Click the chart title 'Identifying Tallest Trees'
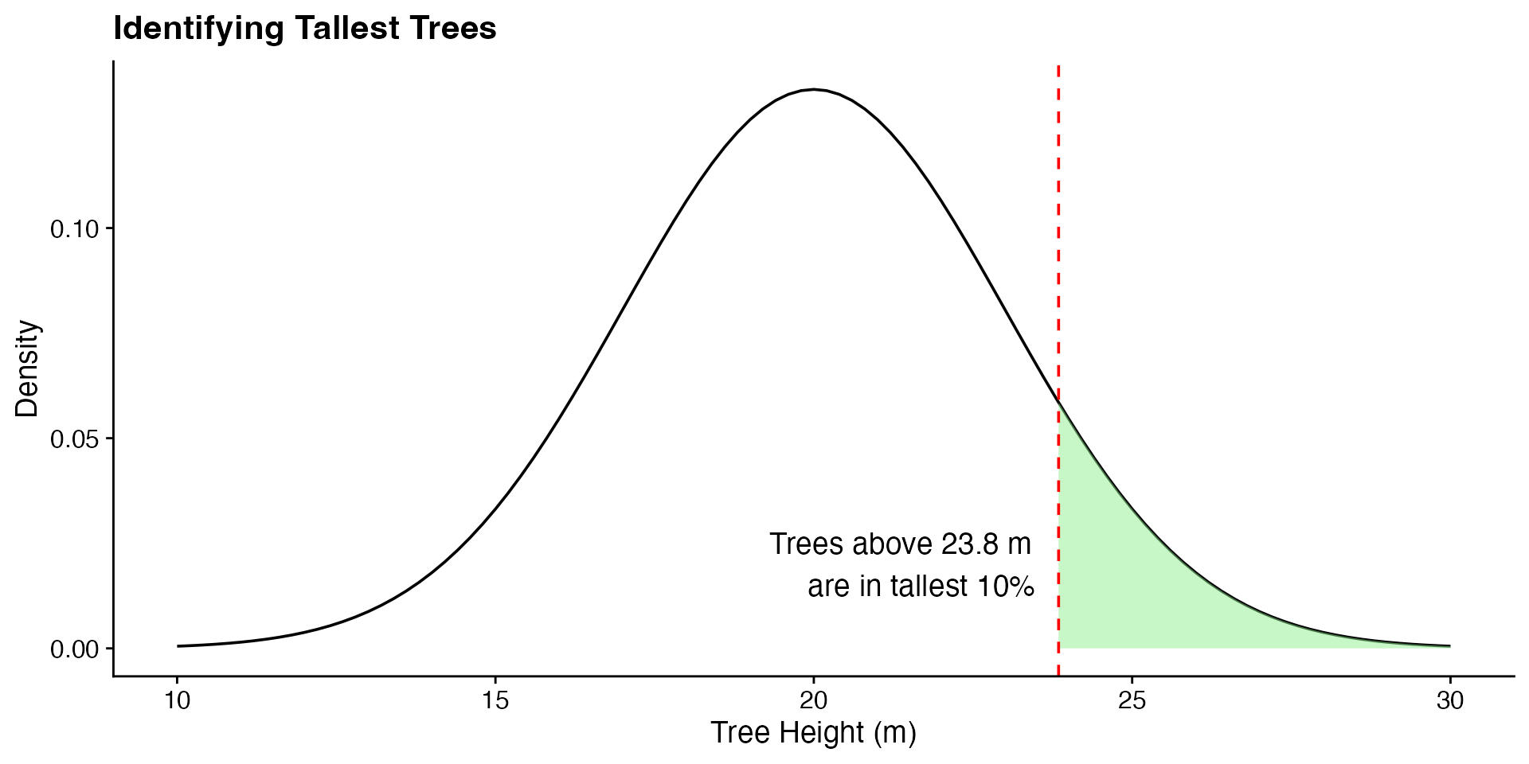305,29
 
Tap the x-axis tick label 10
177,701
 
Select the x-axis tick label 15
495,701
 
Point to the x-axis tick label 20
813,701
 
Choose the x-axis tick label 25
1132,701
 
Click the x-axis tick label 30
1450,701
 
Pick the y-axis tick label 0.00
74,649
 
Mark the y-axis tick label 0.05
74,439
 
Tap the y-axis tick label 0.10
74,230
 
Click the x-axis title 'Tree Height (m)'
813,733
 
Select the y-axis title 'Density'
27,368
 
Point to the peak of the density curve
813,90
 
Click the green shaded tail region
1131,581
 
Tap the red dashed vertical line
1058,239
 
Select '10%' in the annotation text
1006,587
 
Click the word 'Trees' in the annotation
806,545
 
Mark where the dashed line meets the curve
1058,403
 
